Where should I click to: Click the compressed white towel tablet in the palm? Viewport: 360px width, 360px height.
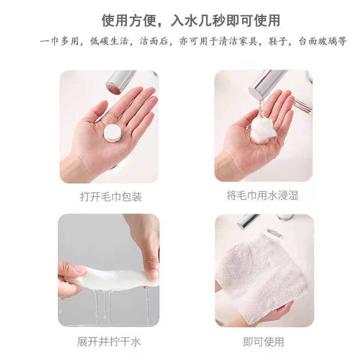pos(112,133)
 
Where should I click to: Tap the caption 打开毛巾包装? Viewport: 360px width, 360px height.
pos(111,197)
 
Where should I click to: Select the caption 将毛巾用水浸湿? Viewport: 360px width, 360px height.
pos(262,195)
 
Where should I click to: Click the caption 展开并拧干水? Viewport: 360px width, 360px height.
pos(109,342)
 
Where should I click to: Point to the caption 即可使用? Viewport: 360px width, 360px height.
pos(264,342)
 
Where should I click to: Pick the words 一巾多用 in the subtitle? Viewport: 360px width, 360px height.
pos(59,41)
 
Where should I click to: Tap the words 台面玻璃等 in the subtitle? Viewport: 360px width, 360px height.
pos(322,41)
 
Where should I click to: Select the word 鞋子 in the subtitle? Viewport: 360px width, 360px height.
pos(278,41)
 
